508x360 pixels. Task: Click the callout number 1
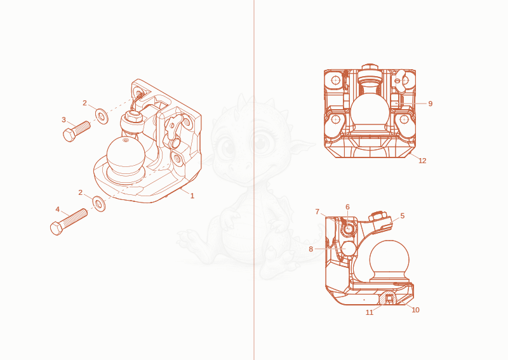pyautogui.click(x=192, y=196)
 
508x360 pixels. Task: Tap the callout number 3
pyautogui.click(x=64, y=120)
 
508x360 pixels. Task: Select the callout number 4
pyautogui.click(x=58, y=210)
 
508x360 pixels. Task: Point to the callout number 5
pyautogui.click(x=403, y=216)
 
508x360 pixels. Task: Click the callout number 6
pyautogui.click(x=347, y=207)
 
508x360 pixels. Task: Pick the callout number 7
pyautogui.click(x=317, y=212)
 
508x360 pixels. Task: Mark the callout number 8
pyautogui.click(x=311, y=249)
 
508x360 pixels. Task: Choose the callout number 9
pyautogui.click(x=431, y=103)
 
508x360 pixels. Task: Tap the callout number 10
pyautogui.click(x=415, y=310)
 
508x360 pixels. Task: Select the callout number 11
pyautogui.click(x=370, y=312)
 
